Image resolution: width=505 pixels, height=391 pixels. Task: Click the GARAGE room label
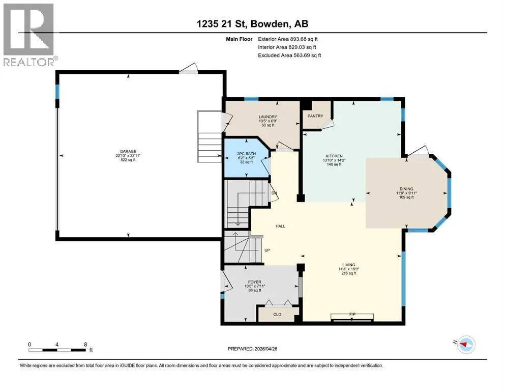(128, 151)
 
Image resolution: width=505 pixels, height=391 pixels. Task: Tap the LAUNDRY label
(268, 117)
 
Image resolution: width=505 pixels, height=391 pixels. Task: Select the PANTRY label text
(315, 116)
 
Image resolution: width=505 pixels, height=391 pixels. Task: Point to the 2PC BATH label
(246, 154)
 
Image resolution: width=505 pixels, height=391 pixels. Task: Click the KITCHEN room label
(334, 156)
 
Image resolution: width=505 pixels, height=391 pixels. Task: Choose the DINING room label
(406, 189)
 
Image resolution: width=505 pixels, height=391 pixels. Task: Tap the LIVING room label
(349, 265)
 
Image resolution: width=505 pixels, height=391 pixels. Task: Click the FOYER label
(255, 282)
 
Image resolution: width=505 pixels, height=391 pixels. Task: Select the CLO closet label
(277, 314)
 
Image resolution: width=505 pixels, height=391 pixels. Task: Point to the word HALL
(281, 226)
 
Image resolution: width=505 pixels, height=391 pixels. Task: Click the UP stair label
(267, 250)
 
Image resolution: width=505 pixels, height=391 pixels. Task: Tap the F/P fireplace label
(352, 314)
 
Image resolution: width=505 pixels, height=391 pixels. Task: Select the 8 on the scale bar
(85, 344)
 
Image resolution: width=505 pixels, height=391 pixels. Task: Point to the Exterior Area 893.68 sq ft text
(288, 39)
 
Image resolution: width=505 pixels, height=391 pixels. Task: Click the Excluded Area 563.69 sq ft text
(289, 55)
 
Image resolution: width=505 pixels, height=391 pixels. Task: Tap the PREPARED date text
(252, 349)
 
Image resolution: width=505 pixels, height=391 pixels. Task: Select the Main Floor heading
(240, 39)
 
